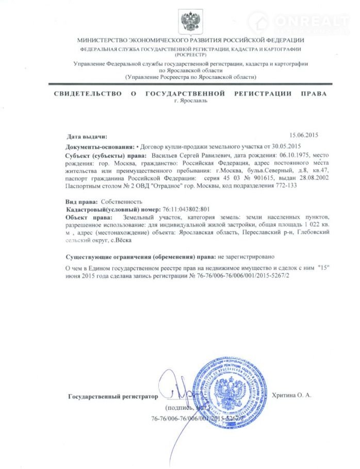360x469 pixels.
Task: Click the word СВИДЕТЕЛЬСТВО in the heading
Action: (x=88, y=93)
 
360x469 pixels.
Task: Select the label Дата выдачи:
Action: (x=87, y=137)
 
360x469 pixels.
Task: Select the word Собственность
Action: (x=120, y=202)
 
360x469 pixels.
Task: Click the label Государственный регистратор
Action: (x=111, y=397)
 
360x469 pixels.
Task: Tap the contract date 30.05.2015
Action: (x=285, y=146)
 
